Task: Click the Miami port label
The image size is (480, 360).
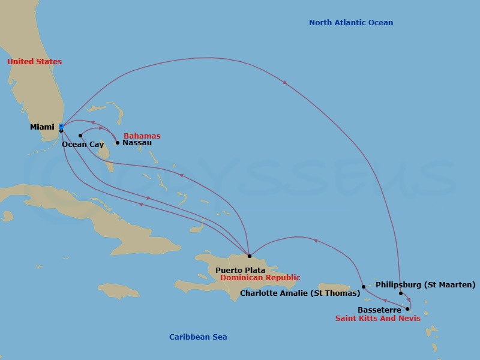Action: coord(42,127)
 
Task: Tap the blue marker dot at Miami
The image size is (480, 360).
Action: coord(61,126)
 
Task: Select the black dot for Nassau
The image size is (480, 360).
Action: coord(118,143)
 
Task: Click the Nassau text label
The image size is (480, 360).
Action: coord(137,143)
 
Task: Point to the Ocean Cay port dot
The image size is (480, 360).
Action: coord(80,136)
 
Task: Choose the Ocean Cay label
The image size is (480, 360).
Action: coord(83,145)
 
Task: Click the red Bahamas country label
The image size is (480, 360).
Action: coord(142,136)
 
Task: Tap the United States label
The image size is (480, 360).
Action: coord(34,62)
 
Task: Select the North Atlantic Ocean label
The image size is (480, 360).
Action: coord(351,23)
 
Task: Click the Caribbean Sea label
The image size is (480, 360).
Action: coord(198,337)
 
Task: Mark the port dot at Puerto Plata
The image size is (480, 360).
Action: coord(250,256)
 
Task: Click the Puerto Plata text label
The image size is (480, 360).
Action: coord(240,271)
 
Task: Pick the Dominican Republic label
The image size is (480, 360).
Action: coord(260,278)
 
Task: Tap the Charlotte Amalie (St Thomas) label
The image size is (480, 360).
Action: coord(300,293)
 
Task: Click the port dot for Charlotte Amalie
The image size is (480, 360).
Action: coord(364,287)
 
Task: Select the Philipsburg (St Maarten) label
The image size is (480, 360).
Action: coord(425,284)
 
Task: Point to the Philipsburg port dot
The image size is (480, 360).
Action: coord(401,293)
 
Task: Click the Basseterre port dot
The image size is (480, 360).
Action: coord(407,309)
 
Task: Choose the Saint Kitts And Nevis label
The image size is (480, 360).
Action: coord(377,319)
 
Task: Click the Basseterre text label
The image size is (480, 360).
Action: coord(379,310)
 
